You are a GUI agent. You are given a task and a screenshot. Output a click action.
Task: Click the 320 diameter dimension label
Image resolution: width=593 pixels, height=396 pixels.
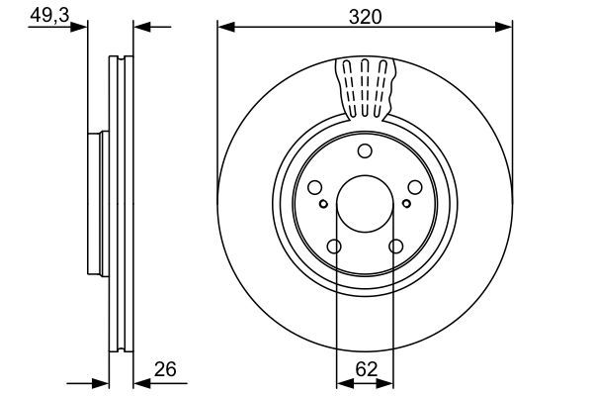pos(365,17)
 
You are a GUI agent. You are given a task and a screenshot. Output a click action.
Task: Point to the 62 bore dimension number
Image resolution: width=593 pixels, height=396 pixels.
pos(365,370)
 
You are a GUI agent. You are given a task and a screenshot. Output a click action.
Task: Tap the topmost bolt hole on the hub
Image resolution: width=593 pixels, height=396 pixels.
pos(365,150)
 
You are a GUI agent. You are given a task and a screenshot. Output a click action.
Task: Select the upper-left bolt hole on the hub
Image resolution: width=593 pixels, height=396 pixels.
pos(315,187)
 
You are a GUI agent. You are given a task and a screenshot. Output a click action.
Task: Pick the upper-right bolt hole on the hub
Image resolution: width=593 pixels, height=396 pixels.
pos(414,187)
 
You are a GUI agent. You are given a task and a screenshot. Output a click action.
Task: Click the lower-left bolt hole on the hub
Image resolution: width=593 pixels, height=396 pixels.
pos(334,247)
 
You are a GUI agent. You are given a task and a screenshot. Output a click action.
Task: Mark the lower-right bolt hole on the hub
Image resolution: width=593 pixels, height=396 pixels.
pos(395,247)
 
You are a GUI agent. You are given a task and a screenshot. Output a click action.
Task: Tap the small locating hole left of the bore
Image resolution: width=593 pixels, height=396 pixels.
pos(323,204)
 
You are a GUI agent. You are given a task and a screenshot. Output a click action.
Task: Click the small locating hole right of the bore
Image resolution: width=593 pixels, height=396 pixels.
pos(406,204)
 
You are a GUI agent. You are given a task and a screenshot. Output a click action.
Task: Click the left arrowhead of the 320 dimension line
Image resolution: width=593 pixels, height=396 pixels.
pos(223,27)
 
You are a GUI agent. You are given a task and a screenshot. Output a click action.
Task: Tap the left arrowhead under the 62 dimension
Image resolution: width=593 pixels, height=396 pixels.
pos(342,381)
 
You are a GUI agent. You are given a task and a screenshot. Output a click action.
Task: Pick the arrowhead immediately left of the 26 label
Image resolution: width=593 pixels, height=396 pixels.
pos(139,381)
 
